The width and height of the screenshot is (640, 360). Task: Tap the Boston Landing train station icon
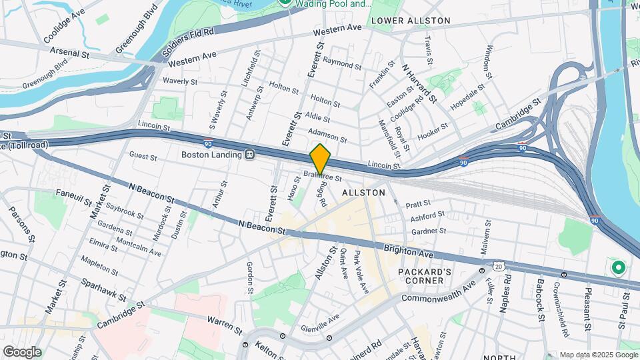tap(250, 155)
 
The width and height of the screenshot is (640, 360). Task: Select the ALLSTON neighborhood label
tap(363, 192)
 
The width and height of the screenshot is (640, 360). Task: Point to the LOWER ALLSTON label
tap(411, 21)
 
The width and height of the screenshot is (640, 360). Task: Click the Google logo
tap(22, 351)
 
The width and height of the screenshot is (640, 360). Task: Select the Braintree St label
tap(323, 177)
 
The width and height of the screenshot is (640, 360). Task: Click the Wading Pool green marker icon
tap(285, 3)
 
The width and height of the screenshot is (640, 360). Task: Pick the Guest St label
tap(143, 158)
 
